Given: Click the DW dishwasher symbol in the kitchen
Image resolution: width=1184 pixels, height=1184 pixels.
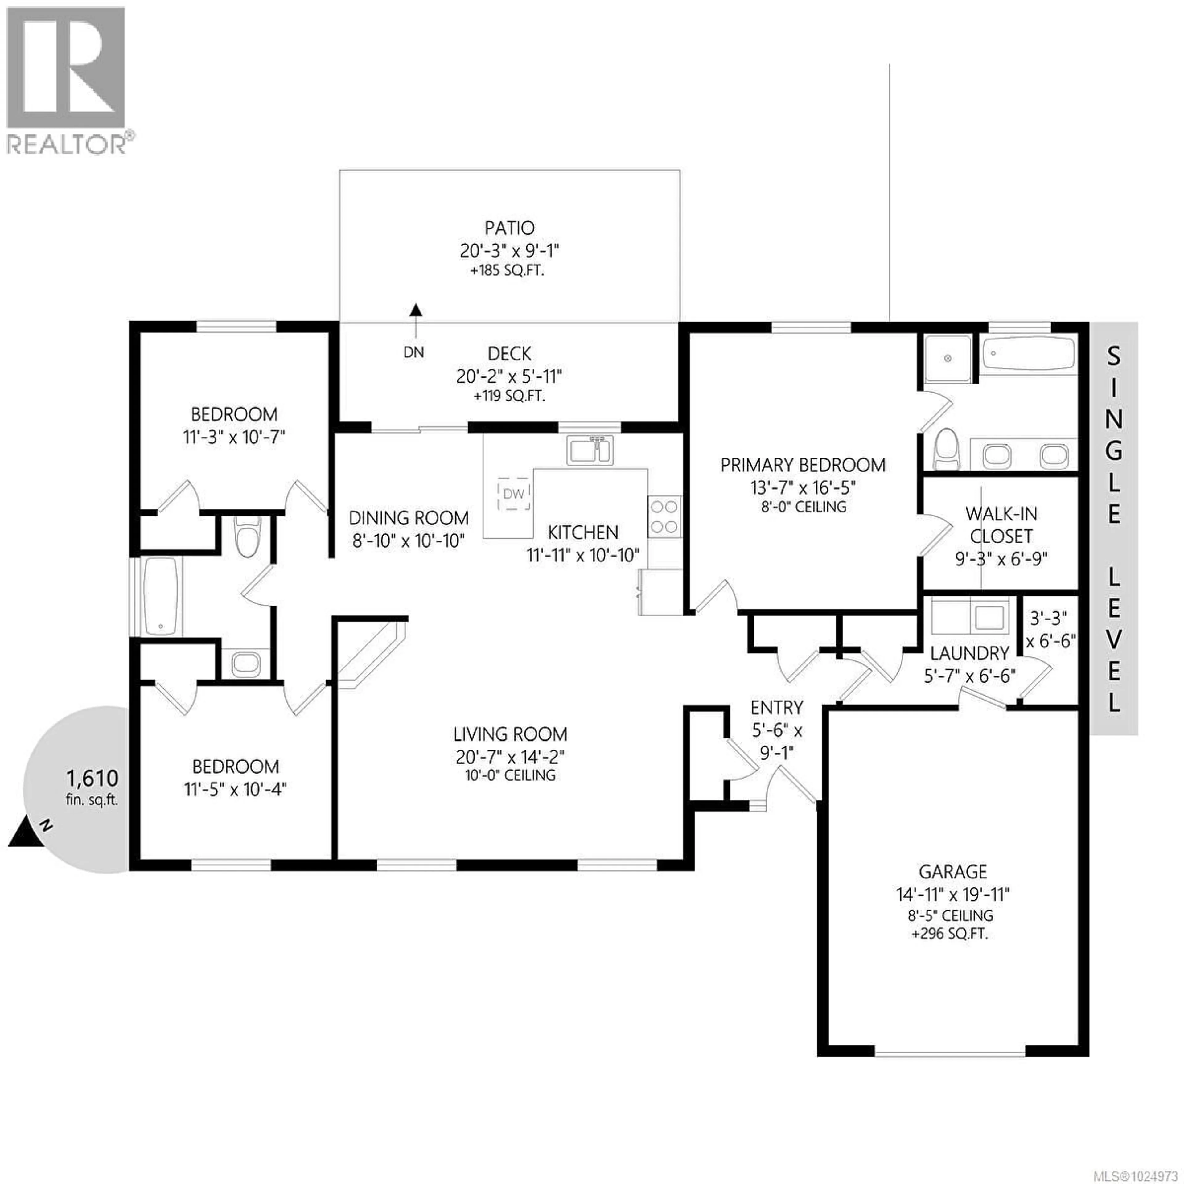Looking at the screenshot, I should pyautogui.click(x=514, y=493).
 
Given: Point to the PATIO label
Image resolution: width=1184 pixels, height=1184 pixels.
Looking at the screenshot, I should pyautogui.click(x=509, y=228).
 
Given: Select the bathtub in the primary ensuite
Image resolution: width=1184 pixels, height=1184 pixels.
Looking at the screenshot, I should pyautogui.click(x=1028, y=354).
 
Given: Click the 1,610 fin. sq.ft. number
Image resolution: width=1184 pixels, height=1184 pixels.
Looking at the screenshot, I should pyautogui.click(x=92, y=778).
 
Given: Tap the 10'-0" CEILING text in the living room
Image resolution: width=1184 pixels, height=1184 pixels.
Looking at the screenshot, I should pyautogui.click(x=510, y=775).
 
